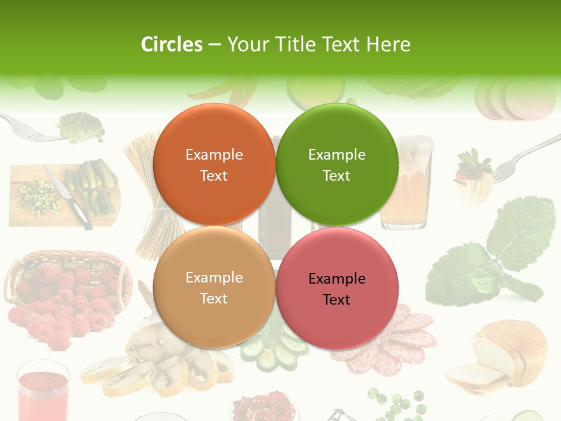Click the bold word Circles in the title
(172, 44)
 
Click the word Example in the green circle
(337, 154)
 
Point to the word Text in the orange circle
(214, 175)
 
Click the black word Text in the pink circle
(337, 299)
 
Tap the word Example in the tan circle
(214, 277)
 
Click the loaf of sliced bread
(503, 354)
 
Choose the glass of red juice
(43, 392)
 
